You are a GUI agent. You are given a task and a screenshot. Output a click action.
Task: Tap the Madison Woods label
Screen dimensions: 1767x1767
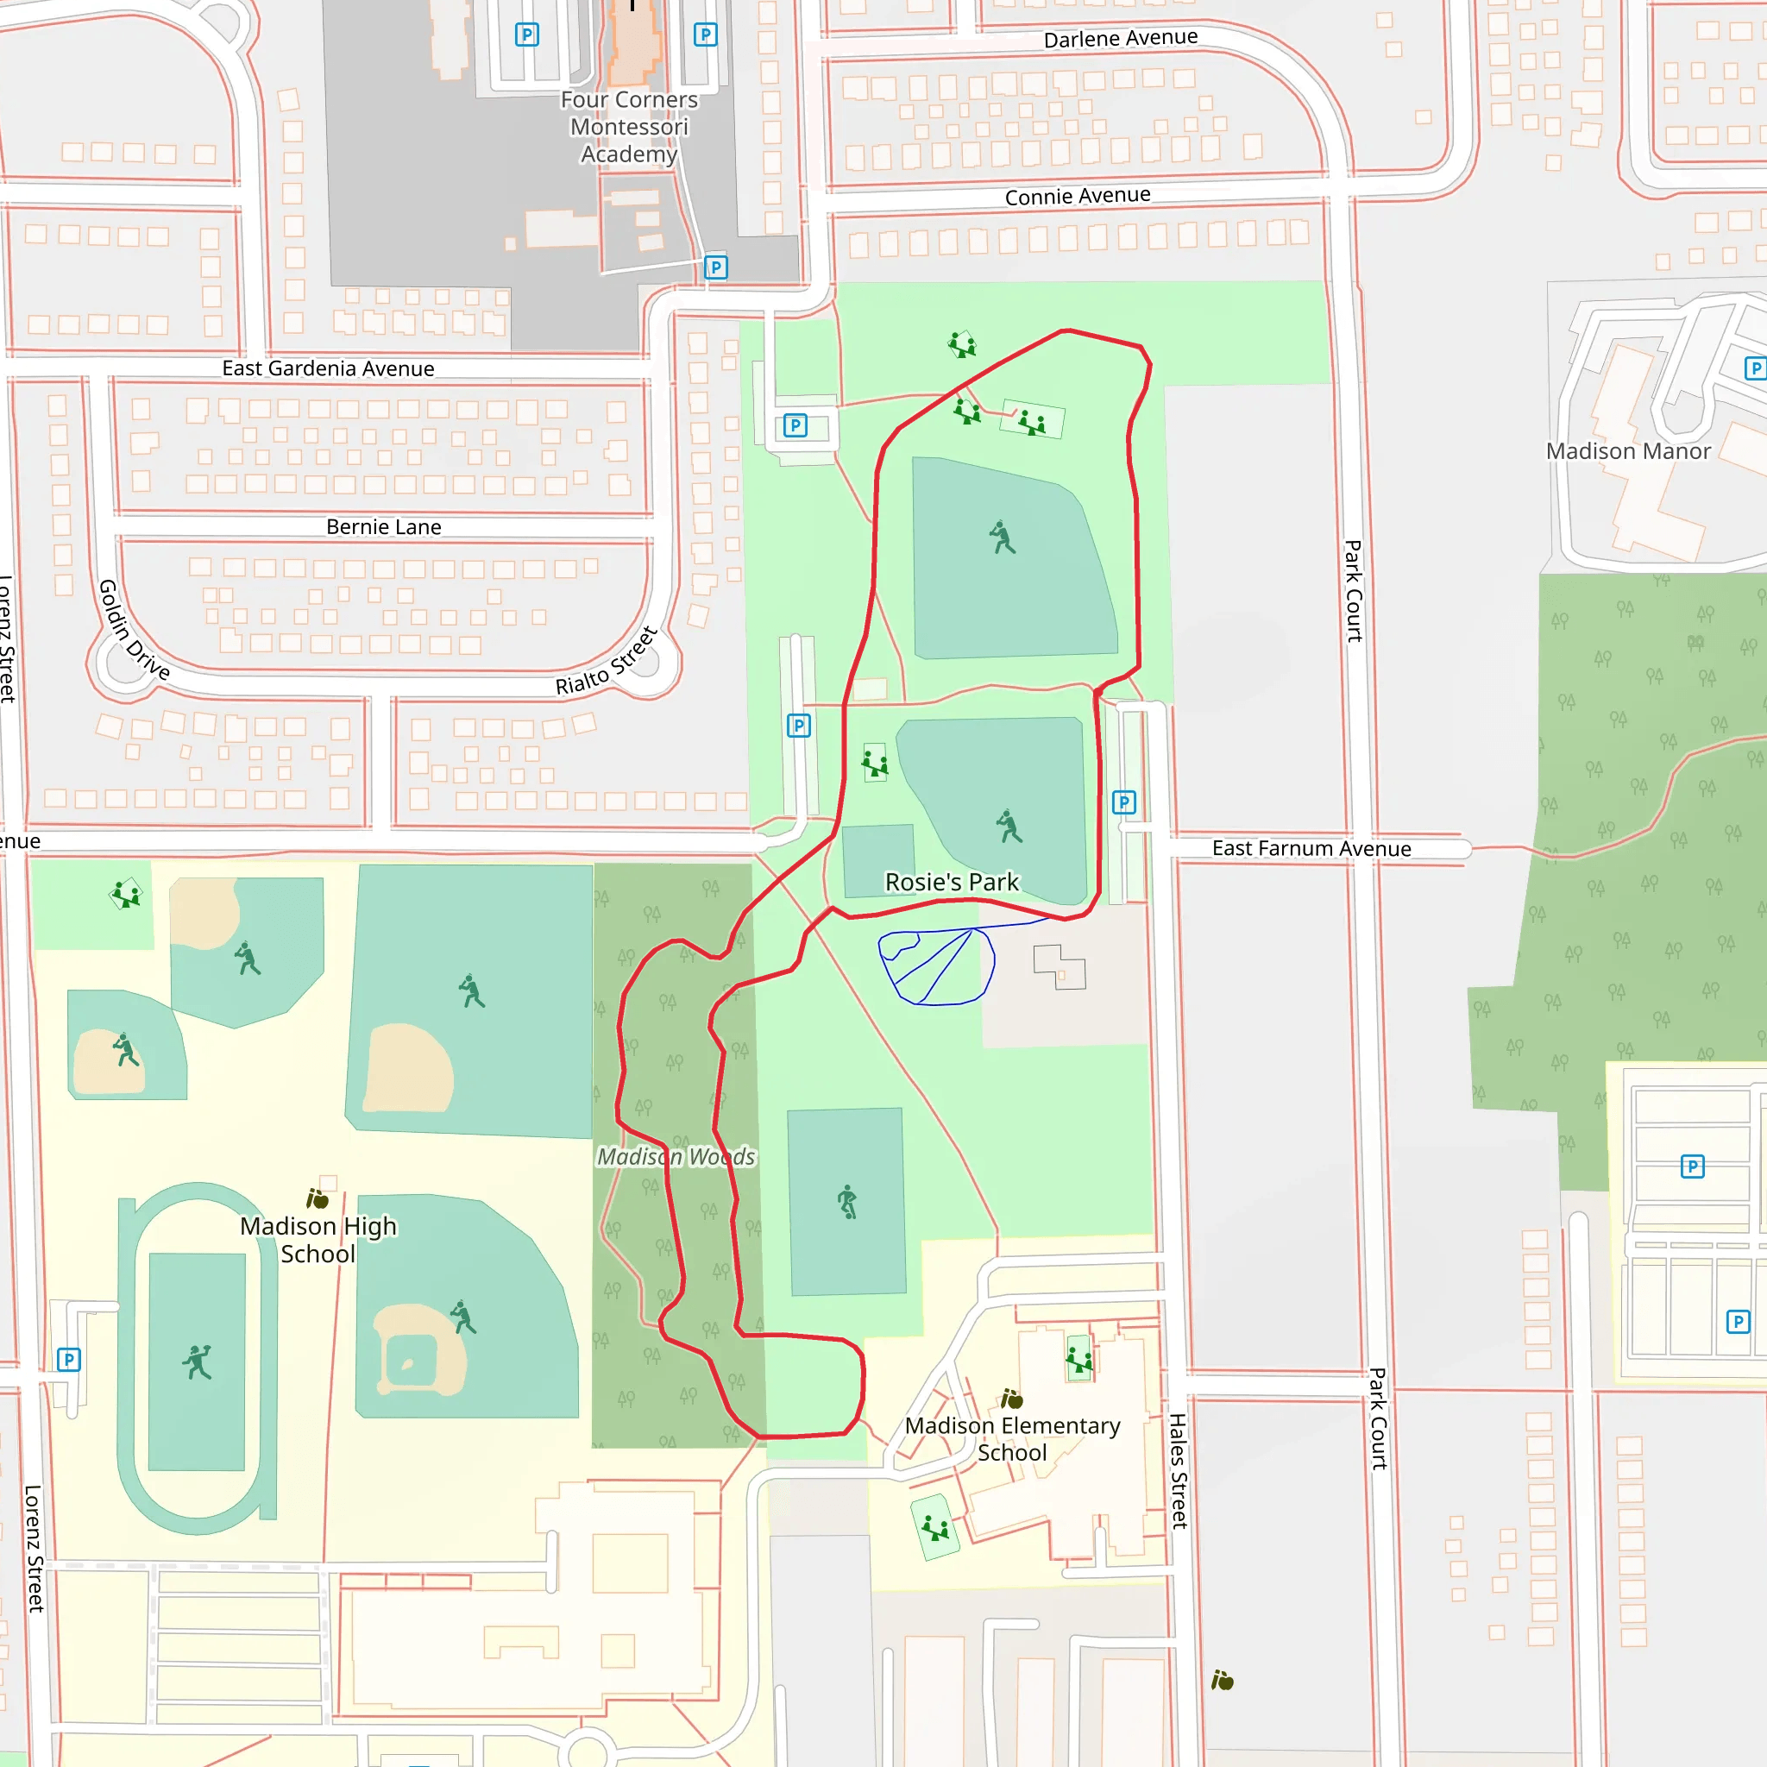click(x=676, y=1157)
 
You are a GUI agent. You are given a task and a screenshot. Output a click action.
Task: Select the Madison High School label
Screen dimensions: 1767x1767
click(x=318, y=1239)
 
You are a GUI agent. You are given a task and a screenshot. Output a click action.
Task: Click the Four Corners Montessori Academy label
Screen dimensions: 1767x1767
click(x=629, y=126)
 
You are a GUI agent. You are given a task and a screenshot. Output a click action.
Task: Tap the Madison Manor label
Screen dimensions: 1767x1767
click(x=1627, y=451)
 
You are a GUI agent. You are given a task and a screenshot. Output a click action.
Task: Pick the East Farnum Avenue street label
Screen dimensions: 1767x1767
click(x=1311, y=848)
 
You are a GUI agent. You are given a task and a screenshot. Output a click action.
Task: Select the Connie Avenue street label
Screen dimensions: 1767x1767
click(x=1078, y=196)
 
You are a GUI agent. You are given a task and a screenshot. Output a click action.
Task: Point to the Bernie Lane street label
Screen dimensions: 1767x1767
click(x=383, y=527)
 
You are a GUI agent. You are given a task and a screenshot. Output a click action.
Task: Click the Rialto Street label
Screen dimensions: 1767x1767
click(x=607, y=661)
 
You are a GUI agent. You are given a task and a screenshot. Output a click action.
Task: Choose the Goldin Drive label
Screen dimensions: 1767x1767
click(x=134, y=629)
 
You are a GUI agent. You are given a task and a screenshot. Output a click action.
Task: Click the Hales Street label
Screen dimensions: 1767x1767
click(x=1178, y=1471)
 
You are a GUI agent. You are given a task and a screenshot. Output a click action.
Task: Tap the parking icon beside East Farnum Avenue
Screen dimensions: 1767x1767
click(x=1124, y=802)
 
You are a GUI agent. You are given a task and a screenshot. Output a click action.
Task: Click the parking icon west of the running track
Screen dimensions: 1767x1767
click(x=69, y=1359)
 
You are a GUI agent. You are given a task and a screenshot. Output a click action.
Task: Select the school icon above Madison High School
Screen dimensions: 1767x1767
click(x=318, y=1198)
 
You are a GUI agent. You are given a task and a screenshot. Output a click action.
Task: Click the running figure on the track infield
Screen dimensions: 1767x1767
click(x=197, y=1361)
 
